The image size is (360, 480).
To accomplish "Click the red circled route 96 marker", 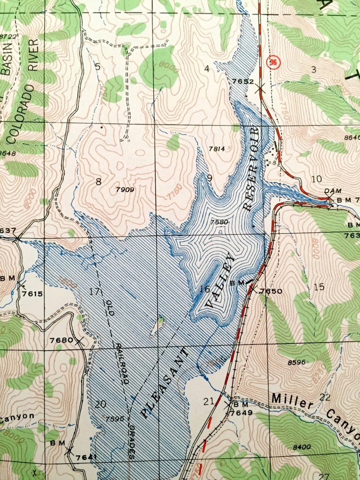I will (x=272, y=61).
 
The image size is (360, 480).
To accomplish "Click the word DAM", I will (x=333, y=191).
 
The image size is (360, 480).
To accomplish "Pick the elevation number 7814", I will (x=217, y=148).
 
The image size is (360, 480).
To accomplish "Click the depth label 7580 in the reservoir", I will (x=219, y=222).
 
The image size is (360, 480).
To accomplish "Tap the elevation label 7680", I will (x=61, y=340).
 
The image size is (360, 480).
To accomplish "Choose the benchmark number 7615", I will (x=34, y=294).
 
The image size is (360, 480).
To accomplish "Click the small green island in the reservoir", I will (x=160, y=324).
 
